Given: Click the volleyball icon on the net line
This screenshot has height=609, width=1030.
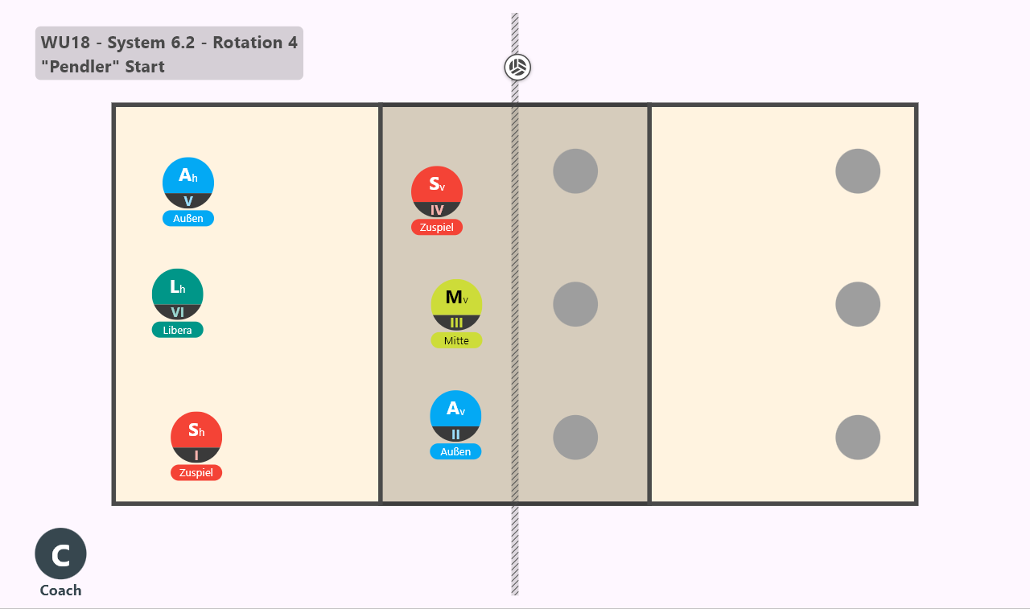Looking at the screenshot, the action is [517, 68].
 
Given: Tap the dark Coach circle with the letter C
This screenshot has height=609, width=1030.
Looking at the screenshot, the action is [60, 553].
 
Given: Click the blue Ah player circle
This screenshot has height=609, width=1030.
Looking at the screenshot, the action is [188, 183].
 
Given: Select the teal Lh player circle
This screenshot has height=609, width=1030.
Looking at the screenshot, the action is [178, 294].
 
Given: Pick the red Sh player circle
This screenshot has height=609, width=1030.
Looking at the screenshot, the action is [196, 437].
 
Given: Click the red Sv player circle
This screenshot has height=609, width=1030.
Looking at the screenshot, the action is [437, 191].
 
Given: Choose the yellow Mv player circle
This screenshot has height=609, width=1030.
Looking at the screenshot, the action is [456, 305].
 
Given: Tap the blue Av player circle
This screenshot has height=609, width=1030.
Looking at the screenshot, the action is [455, 416].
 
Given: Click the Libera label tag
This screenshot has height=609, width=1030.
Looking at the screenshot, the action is [178, 330].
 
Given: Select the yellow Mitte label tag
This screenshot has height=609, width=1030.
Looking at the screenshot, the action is [456, 340].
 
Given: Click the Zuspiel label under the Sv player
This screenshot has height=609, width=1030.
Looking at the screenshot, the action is [437, 227].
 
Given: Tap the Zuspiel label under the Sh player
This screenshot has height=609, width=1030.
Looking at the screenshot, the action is [196, 472].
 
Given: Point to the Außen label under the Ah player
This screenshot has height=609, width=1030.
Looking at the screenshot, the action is [188, 218].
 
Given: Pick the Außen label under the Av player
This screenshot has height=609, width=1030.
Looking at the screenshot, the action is [455, 451].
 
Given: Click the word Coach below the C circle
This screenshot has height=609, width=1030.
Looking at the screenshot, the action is [60, 590].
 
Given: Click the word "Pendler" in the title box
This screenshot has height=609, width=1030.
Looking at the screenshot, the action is [80, 66].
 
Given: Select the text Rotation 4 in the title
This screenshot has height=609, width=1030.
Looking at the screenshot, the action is [255, 43].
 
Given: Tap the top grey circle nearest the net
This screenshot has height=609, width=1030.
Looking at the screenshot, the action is [575, 171].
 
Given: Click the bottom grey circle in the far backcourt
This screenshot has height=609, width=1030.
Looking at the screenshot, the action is [858, 437].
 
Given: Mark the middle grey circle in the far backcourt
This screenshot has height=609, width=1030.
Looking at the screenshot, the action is [858, 304].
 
